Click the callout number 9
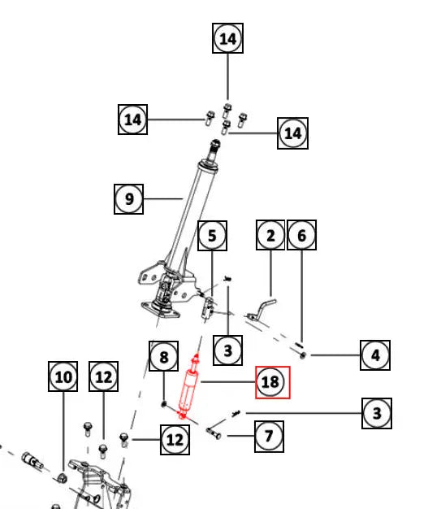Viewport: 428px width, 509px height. pyautogui.click(x=128, y=199)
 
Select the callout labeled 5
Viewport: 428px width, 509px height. pyautogui.click(x=213, y=236)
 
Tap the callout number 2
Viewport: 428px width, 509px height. pyautogui.click(x=270, y=235)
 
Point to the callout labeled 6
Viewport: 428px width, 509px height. pyautogui.click(x=302, y=235)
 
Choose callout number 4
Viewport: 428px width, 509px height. pyautogui.click(x=375, y=355)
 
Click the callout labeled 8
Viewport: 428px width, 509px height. pyautogui.click(x=163, y=356)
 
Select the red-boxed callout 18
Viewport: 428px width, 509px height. pyautogui.click(x=273, y=382)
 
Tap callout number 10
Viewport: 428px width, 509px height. pyautogui.click(x=63, y=376)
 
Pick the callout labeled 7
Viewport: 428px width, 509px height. pyautogui.click(x=269, y=437)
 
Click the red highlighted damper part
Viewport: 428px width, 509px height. pyautogui.click(x=189, y=386)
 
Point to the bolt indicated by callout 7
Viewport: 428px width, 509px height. pyautogui.click(x=214, y=433)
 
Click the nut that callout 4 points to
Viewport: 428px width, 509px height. pyautogui.click(x=302, y=355)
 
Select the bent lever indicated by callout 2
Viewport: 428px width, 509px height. pyautogui.click(x=261, y=310)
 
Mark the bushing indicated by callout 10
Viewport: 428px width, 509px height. pyautogui.click(x=62, y=478)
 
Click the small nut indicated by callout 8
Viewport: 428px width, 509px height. pyautogui.click(x=164, y=404)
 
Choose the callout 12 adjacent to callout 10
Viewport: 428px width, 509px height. pyautogui.click(x=103, y=376)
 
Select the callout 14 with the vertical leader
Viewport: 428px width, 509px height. pyautogui.click(x=227, y=38)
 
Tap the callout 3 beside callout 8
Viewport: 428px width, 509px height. pyautogui.click(x=227, y=350)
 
